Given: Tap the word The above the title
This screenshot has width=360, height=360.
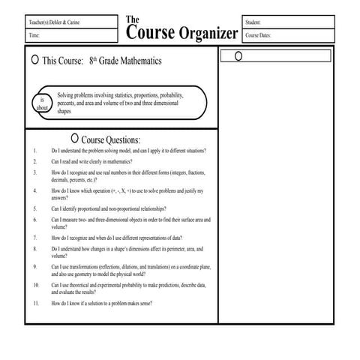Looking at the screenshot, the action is click(132, 19).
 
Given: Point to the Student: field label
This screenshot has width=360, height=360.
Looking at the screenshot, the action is click(253, 22).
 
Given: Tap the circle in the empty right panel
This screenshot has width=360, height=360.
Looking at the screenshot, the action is click(238, 56).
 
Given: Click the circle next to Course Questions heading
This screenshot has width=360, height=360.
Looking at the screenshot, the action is click(73, 139).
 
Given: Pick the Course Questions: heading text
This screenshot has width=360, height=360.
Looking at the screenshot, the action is click(110, 139).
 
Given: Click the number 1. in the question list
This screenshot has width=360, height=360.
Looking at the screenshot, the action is click(35, 151).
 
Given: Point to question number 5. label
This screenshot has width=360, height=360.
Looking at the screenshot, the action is click(35, 208).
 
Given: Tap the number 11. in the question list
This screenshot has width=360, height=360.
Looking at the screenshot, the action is click(36, 303).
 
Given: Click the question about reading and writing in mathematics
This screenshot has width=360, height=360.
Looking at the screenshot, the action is click(91, 161).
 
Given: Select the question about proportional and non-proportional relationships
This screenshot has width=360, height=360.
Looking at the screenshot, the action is click(109, 208).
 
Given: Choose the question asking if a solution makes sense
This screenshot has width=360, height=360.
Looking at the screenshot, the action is click(102, 303).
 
